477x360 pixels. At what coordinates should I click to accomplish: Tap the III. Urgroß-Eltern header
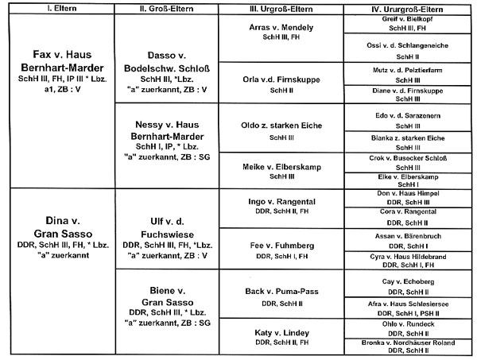pyautogui.click(x=282, y=10)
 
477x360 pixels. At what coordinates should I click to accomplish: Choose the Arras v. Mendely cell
pyautogui.click(x=282, y=25)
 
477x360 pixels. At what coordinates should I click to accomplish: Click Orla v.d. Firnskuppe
pyautogui.click(x=282, y=79)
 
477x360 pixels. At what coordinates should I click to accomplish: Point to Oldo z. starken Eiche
pyautogui.click(x=282, y=125)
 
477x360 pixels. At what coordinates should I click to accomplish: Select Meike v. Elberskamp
pyautogui.click(x=282, y=166)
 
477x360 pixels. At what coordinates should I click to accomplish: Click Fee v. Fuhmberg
pyautogui.click(x=282, y=246)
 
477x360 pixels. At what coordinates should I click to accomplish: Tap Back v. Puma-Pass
pyautogui.click(x=282, y=291)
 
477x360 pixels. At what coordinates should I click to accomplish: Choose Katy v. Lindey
pyautogui.click(x=282, y=333)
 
